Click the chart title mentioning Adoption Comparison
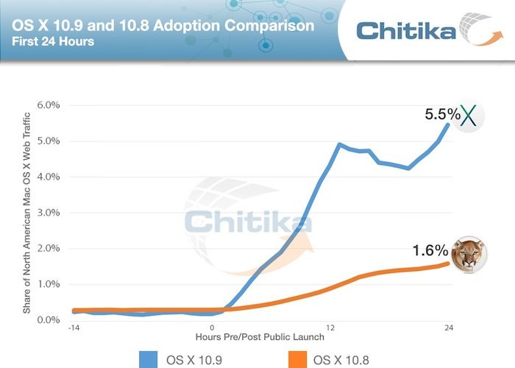point(163,26)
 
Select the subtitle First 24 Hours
point(53,42)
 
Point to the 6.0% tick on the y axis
point(49,105)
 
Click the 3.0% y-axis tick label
point(49,213)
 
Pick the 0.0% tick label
point(49,320)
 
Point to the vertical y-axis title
point(27,213)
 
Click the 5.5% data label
point(443,115)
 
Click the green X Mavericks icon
point(468,116)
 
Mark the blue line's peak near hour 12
point(339,144)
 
